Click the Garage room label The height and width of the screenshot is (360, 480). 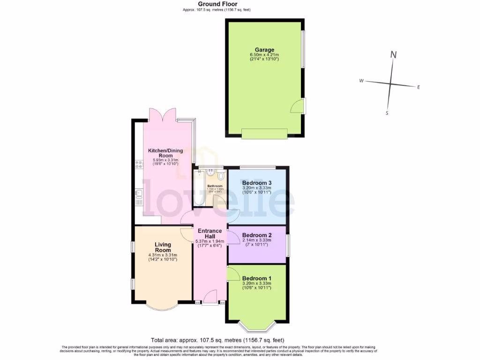[264, 50]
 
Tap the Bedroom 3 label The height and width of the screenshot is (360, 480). [257, 183]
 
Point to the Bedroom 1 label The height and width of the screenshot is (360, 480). [257, 278]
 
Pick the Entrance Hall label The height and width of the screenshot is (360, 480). [210, 233]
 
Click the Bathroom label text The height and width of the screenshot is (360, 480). [215, 186]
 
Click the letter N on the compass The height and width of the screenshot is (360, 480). [394, 55]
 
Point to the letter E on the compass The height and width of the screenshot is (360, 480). [419, 87]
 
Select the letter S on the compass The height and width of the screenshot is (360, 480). [387, 113]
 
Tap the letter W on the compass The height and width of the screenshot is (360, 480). [361, 81]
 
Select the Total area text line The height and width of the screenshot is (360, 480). [217, 340]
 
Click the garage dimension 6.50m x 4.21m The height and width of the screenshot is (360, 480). [264, 55]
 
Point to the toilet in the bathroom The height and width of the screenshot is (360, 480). [221, 176]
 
